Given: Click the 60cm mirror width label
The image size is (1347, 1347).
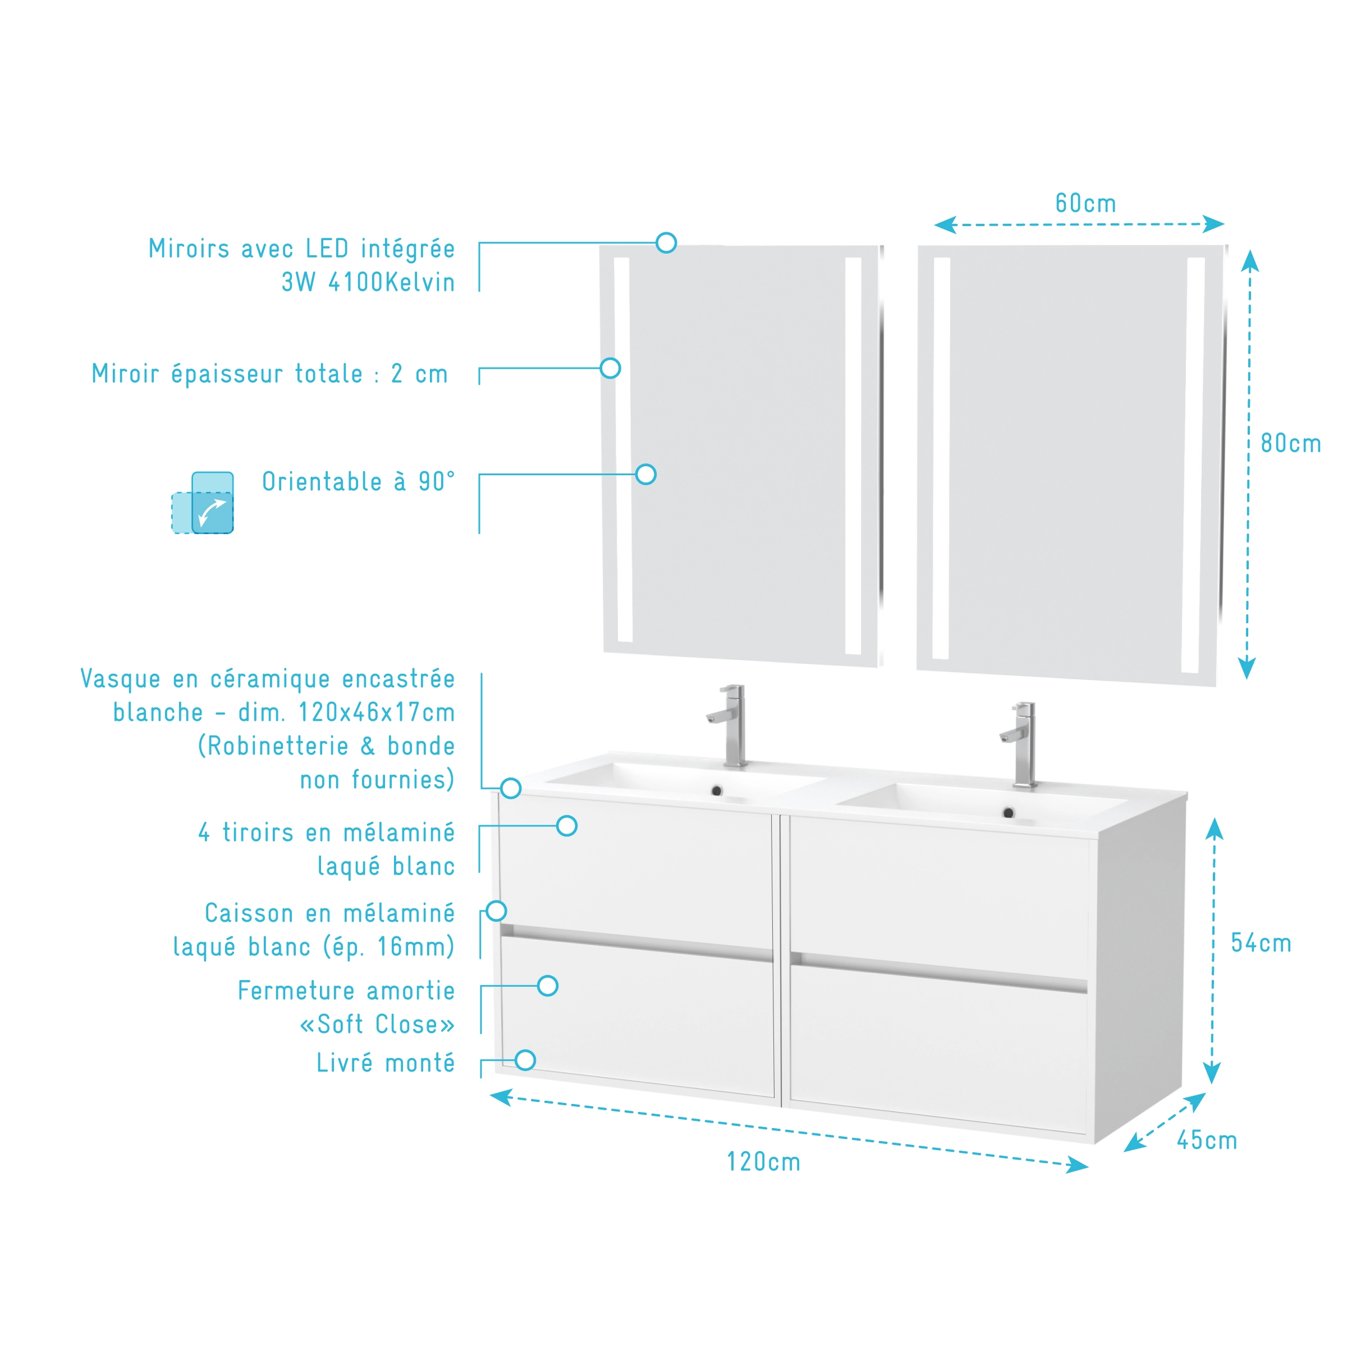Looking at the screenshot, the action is (1085, 203).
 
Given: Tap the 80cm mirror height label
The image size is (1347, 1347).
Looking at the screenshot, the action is (1290, 443).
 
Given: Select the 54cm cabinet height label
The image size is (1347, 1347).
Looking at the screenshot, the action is (1261, 943).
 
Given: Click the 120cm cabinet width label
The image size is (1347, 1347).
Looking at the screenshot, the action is (763, 1161).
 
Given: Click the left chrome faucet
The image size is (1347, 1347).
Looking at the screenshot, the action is (729, 725).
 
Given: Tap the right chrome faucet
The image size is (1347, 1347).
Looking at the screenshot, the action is (1020, 744).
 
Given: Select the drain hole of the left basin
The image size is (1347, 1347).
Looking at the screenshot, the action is (716, 790).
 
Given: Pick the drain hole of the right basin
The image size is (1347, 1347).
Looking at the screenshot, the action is (1008, 813).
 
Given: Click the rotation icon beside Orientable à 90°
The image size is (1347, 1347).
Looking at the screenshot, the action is (202, 503).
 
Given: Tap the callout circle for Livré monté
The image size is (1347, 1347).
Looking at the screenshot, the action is (525, 1060).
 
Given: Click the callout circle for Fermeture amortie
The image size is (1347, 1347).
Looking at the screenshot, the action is (548, 986).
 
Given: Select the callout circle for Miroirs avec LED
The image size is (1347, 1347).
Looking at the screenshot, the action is (666, 242).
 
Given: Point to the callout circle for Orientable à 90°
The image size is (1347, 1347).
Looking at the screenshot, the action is (646, 474).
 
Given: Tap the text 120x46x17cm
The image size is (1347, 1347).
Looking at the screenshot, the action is (377, 712).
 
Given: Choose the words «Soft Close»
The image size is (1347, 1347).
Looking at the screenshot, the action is (377, 1024).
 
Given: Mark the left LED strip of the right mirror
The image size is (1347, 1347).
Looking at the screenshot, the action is (941, 458).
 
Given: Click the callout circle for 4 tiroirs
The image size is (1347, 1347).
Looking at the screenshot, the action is (566, 825).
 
